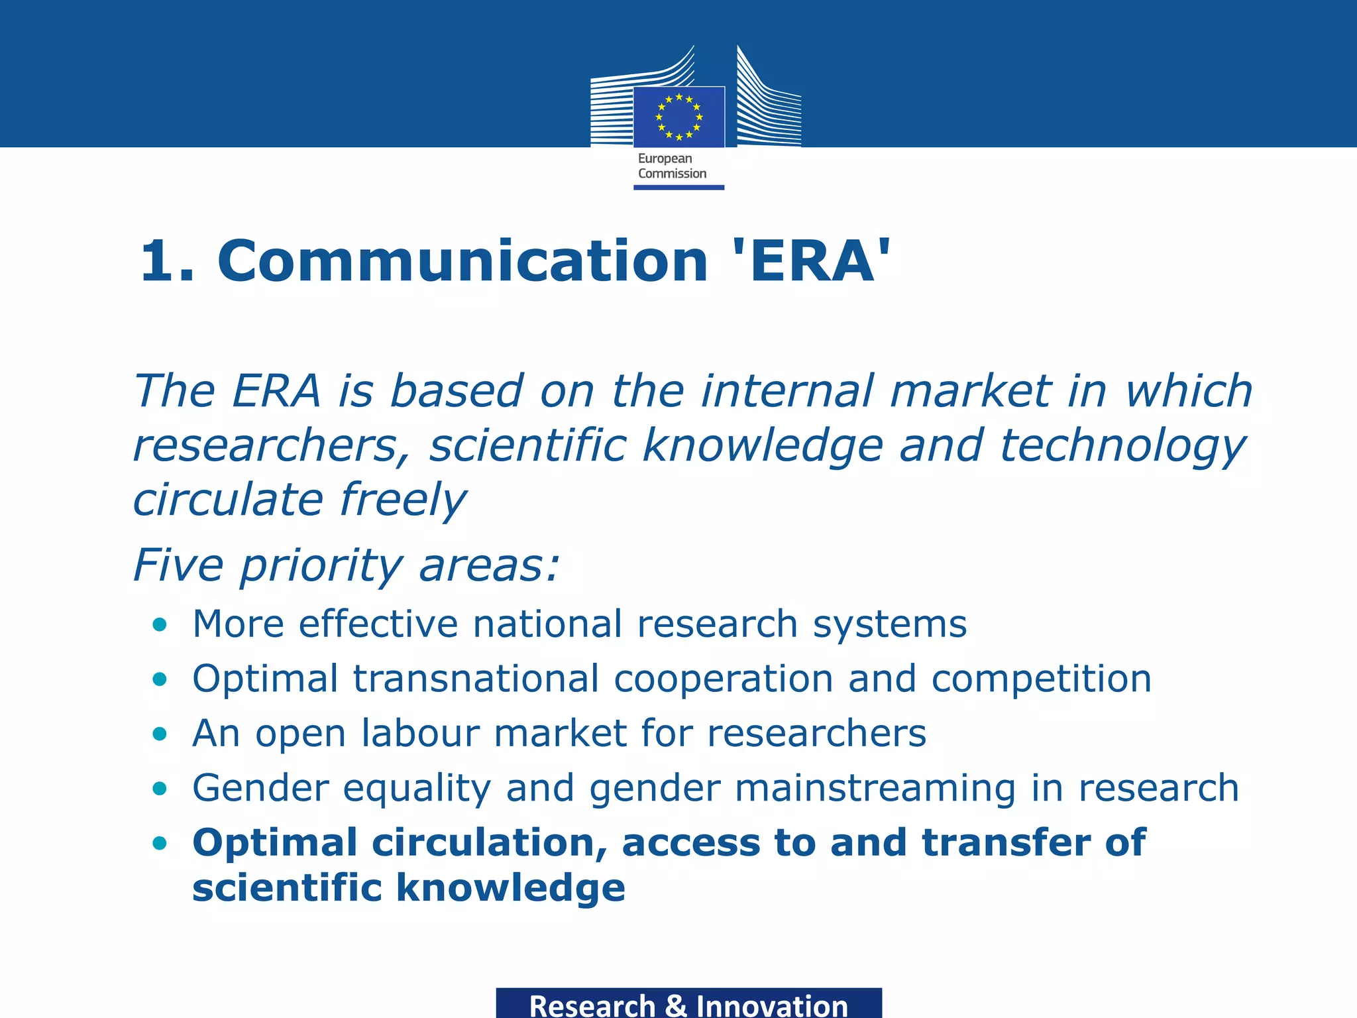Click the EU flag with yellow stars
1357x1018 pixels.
coord(678,117)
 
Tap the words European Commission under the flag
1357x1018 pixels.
coord(672,166)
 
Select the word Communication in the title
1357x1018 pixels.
coord(462,261)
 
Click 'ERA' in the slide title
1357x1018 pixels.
coord(811,261)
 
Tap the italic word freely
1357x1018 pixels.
coord(403,500)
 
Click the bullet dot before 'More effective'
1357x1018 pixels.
coord(159,624)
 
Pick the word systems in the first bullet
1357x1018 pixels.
coord(889,625)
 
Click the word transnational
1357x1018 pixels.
coord(476,679)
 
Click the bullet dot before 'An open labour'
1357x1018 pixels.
coord(159,734)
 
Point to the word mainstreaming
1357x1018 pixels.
coord(875,789)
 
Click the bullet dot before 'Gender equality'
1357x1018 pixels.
coord(159,789)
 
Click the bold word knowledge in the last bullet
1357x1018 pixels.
coord(511,888)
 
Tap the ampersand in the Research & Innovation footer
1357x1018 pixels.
coord(675,1005)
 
